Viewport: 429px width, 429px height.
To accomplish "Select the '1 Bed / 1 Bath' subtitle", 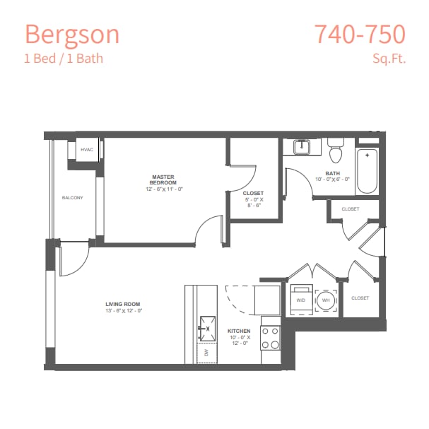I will [x=63, y=58].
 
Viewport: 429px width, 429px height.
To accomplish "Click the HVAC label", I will [x=87, y=150].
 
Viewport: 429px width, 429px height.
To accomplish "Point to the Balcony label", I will [x=72, y=198].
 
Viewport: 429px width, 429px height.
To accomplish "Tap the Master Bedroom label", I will [x=163, y=180].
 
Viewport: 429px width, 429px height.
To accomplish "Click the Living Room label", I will [x=123, y=305].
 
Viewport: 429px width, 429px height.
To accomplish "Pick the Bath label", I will [x=332, y=173].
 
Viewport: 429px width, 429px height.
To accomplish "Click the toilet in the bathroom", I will [x=335, y=151].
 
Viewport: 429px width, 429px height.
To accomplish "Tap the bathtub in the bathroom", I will [x=367, y=171].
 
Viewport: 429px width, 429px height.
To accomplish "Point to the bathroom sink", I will [x=303, y=148].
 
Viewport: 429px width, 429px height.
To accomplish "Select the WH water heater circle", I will [x=326, y=300].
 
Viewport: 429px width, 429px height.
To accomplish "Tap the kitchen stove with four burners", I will [x=271, y=337].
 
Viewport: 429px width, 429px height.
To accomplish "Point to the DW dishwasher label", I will [x=207, y=351].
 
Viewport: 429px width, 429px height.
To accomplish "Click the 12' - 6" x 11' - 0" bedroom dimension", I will [x=165, y=189].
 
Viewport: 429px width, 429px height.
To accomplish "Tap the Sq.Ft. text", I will [x=389, y=58].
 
